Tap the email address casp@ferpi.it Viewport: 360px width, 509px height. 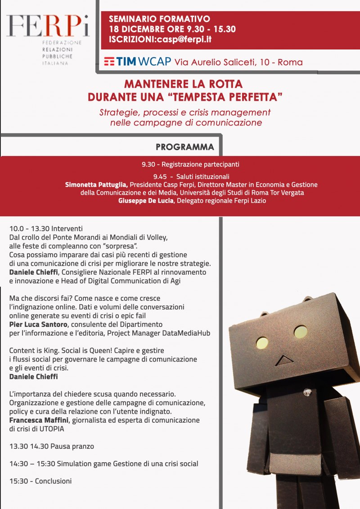click(183, 39)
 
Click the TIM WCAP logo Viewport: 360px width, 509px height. click(137, 61)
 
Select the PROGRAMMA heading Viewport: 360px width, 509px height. click(185, 147)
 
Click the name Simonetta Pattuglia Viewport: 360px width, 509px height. click(97, 185)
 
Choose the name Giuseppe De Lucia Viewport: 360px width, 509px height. click(146, 201)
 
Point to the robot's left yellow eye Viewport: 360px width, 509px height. click(261, 343)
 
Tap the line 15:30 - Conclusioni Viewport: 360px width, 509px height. click(40, 481)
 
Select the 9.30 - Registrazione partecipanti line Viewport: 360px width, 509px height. click(190, 164)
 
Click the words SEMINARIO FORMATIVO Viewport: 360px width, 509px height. click(159, 19)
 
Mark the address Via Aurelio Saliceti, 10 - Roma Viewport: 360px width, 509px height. click(238, 62)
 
